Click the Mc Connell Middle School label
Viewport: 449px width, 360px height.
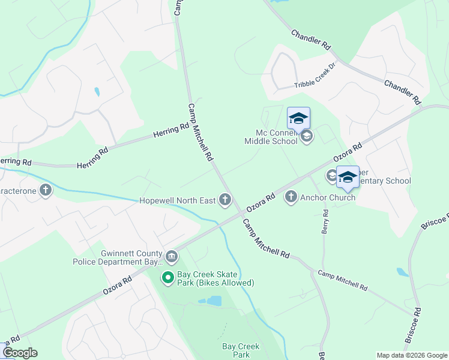pyautogui.click(x=271, y=137)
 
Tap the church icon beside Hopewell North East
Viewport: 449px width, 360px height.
pyautogui.click(x=225, y=200)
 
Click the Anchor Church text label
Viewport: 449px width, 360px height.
pyautogui.click(x=328, y=197)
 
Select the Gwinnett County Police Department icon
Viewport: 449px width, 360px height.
pyautogui.click(x=172, y=257)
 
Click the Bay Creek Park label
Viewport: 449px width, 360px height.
pyautogui.click(x=241, y=350)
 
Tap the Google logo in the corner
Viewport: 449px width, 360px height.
pyautogui.click(x=20, y=353)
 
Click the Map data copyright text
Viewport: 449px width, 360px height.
pyautogui.click(x=412, y=355)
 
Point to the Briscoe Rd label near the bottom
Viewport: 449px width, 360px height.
pyautogui.click(x=414, y=326)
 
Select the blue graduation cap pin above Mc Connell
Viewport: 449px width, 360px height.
pyautogui.click(x=298, y=118)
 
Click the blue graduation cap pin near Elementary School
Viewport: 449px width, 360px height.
pyautogui.click(x=348, y=177)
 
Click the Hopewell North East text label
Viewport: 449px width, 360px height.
pyautogui.click(x=177, y=200)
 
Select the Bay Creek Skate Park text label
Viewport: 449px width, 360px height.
pyautogui.click(x=216, y=278)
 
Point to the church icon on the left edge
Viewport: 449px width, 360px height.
pyautogui.click(x=46, y=191)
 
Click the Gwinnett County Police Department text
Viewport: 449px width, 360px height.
pyautogui.click(x=117, y=257)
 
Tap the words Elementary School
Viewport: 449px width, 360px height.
pyautogui.click(x=384, y=181)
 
